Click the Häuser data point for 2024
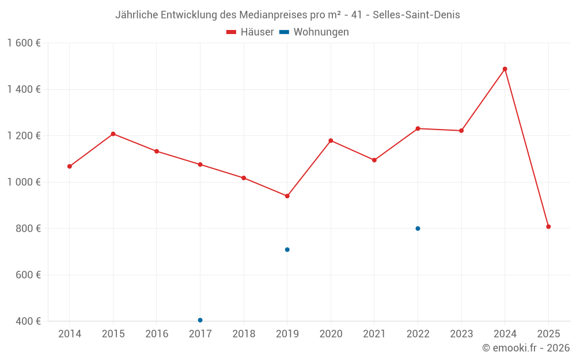pos(505,69)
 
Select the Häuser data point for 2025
pos(548,226)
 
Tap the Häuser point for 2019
pos(287,196)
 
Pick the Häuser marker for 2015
pos(113,134)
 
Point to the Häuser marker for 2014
pos(70,166)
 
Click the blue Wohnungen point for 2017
pos(200,320)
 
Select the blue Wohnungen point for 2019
pos(287,249)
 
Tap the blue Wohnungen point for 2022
pos(418,229)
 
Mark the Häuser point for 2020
pos(331,141)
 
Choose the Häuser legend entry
pos(251,32)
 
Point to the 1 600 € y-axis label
pos(24,43)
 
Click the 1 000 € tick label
pos(24,182)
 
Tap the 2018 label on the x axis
pos(244,334)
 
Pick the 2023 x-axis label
pos(461,334)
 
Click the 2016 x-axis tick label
pos(157,334)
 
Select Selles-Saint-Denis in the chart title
pos(416,15)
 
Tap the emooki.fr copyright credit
pos(525,348)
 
